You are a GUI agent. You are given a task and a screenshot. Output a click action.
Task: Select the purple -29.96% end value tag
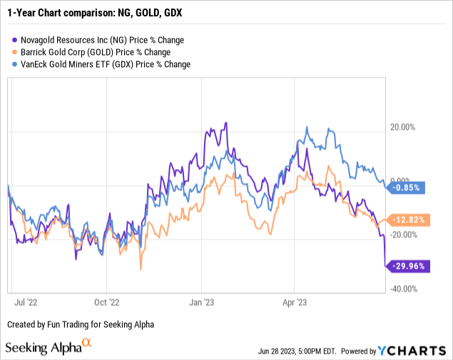click(407, 267)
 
